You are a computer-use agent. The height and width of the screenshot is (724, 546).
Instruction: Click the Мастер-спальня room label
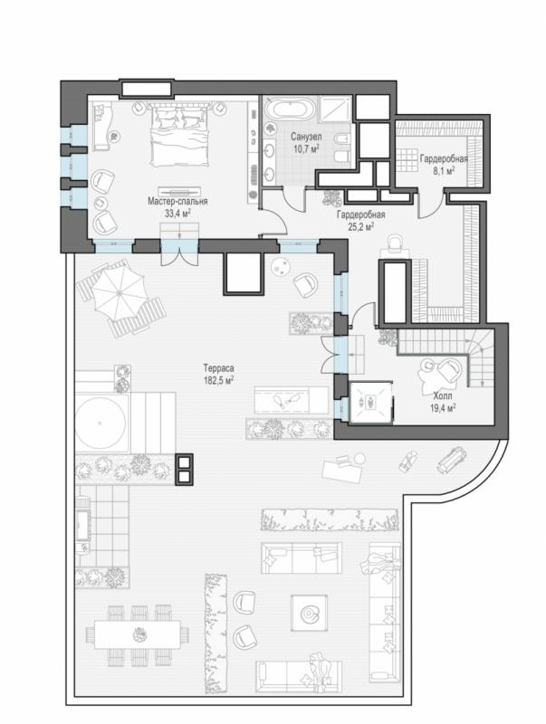pos(177,201)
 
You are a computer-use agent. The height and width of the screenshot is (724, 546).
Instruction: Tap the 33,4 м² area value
pos(177,213)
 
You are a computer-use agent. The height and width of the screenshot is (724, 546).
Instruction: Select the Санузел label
pos(306,137)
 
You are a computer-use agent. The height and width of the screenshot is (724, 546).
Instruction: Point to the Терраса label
pos(218,368)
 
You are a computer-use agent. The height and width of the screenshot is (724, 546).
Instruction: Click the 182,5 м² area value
pos(218,380)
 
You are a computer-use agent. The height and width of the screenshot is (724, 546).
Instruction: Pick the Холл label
pos(443,395)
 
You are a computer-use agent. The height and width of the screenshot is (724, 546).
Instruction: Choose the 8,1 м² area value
pos(444,170)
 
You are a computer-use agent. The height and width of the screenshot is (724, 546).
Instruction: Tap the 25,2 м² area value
pos(360,226)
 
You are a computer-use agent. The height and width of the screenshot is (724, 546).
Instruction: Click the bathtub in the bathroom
pos(290,110)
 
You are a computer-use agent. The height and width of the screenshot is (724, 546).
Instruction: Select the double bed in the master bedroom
pos(178,135)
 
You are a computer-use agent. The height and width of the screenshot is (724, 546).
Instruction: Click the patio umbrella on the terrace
pos(119,292)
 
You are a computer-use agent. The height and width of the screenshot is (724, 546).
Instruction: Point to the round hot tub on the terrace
pos(101,423)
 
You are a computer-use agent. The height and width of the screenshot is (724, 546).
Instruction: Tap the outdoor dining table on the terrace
pos(138,635)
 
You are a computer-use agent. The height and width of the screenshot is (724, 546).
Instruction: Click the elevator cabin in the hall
pos(371,402)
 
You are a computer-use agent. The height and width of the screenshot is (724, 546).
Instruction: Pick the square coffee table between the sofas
pos(309,613)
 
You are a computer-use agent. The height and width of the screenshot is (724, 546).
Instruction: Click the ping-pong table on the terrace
pos(291,400)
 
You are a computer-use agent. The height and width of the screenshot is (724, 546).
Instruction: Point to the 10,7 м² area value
pos(307,148)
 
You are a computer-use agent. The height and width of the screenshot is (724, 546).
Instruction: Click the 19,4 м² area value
pos(443,407)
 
